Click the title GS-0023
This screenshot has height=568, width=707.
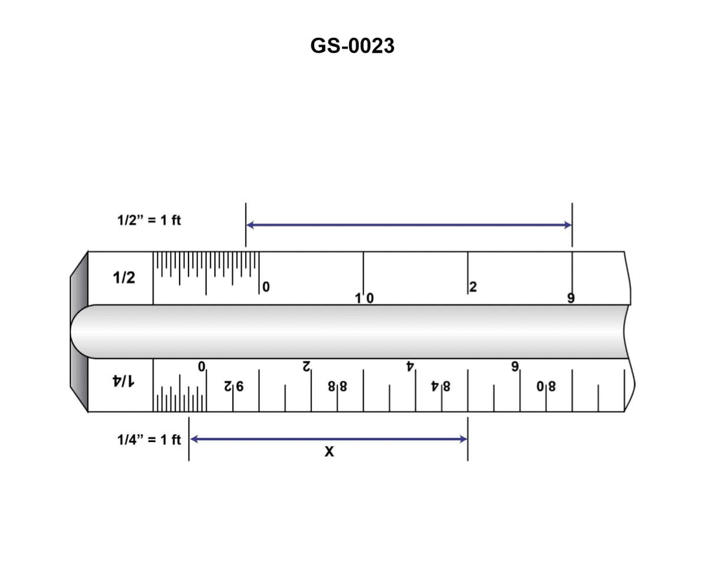tap(352, 46)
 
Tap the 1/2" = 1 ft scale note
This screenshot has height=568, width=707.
tap(149, 220)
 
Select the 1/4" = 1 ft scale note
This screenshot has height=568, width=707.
tap(149, 440)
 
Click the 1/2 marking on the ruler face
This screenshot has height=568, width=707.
tap(124, 278)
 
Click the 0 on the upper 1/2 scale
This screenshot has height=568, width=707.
tap(266, 288)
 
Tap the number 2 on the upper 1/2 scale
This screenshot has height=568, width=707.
tap(473, 288)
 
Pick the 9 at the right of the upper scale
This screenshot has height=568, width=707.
tap(571, 298)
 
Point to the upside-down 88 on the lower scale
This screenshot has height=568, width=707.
tap(338, 388)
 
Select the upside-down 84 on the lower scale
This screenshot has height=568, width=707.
tap(442, 388)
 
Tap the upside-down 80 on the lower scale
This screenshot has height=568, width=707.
tap(546, 388)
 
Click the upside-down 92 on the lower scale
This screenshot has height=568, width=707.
tap(234, 388)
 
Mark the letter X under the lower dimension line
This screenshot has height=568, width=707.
tap(329, 452)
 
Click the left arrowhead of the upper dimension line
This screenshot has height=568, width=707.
tap(251, 225)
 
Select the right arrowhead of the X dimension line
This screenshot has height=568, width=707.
tap(463, 439)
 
